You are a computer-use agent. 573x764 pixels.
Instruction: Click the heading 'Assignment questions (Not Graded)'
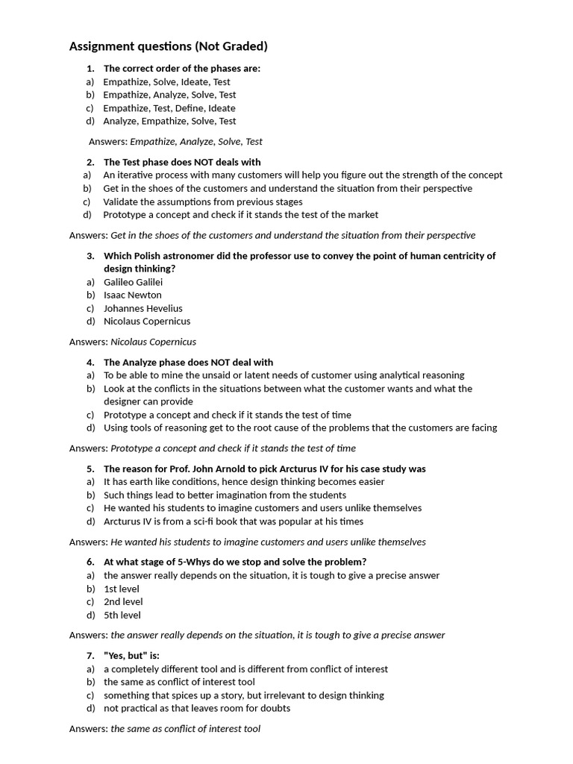click(x=168, y=46)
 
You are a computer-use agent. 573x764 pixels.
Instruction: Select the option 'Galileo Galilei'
click(x=133, y=282)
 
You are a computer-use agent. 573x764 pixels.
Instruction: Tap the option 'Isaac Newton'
click(x=132, y=295)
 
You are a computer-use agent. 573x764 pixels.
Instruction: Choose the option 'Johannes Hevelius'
click(x=143, y=308)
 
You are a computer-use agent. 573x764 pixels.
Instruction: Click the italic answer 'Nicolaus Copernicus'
click(x=153, y=342)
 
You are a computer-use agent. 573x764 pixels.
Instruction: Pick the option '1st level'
click(x=121, y=589)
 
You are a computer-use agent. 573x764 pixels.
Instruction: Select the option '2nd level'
click(x=123, y=601)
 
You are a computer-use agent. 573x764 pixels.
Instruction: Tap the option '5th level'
click(x=122, y=615)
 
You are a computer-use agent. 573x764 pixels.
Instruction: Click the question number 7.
click(x=90, y=655)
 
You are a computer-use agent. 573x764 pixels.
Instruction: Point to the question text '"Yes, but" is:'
click(x=131, y=655)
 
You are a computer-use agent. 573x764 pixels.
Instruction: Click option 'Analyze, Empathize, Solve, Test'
click(x=169, y=121)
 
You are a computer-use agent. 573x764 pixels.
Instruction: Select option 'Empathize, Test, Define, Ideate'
click(x=169, y=108)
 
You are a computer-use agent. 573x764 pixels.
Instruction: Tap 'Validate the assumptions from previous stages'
click(x=203, y=201)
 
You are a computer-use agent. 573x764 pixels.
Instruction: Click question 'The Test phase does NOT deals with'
click(x=182, y=162)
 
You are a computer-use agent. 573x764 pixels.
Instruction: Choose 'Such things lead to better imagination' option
click(x=225, y=495)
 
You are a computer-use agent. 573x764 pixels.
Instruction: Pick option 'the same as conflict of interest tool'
click(x=179, y=682)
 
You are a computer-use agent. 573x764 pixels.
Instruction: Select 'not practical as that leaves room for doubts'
click(x=197, y=708)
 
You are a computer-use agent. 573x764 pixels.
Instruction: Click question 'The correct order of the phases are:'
click(x=181, y=69)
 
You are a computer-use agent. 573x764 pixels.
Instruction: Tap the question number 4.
click(x=90, y=362)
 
